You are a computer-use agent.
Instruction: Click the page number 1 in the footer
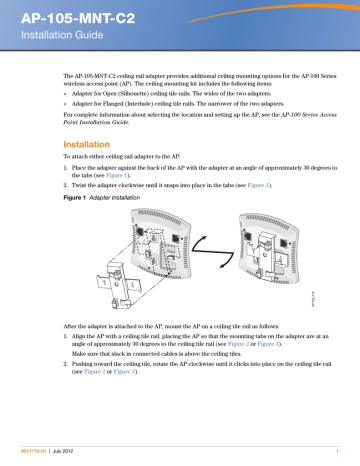339,458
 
